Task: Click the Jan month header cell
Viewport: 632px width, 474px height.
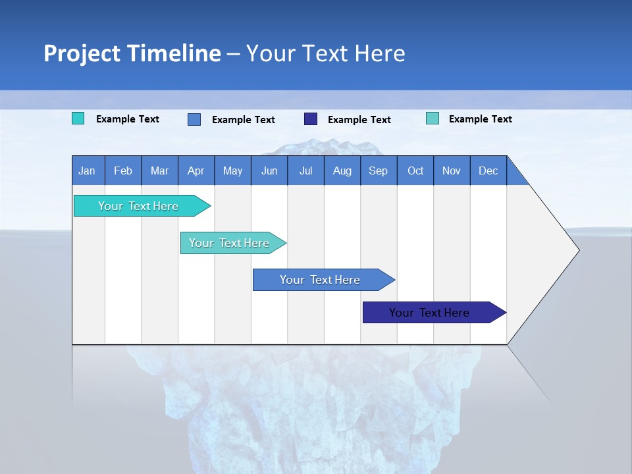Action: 88,171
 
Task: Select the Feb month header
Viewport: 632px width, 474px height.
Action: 123,171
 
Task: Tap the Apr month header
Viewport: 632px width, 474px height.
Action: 196,171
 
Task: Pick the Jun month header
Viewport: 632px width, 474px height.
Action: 269,171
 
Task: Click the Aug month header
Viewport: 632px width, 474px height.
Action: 342,171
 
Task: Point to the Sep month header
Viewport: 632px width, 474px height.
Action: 379,171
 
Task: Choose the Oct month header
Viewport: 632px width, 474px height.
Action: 415,171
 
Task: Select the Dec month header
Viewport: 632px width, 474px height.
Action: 488,171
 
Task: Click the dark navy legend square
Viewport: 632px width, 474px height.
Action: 311,119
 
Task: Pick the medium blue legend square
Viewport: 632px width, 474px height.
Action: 194,119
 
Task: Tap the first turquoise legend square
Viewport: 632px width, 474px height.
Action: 78,118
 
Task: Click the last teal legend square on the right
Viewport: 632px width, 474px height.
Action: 433,118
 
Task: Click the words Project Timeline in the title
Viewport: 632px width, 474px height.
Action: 132,53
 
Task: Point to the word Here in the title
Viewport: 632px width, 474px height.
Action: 380,53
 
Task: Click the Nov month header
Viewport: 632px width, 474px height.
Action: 452,171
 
